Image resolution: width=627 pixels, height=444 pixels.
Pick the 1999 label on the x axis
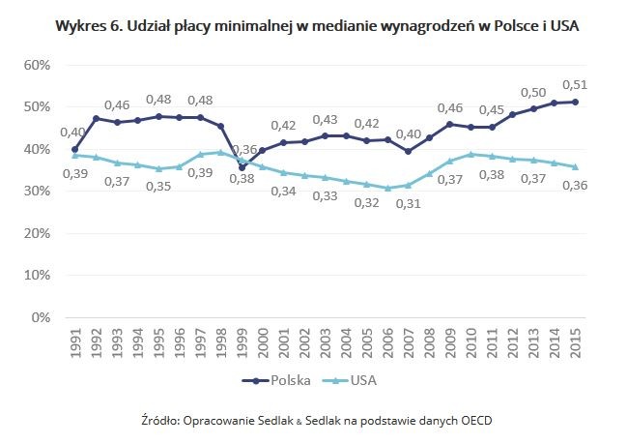click(x=242, y=342)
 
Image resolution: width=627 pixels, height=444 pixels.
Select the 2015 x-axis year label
click(x=577, y=342)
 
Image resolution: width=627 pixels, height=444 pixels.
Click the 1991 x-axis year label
click(x=74, y=342)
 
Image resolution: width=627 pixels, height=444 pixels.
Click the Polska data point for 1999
click(x=242, y=167)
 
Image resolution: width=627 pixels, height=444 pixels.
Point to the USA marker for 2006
click(x=388, y=188)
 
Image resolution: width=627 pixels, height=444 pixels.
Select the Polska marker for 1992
click(x=96, y=119)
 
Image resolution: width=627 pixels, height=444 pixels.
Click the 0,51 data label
click(x=575, y=84)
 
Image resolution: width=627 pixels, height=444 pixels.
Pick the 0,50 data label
click(x=534, y=92)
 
